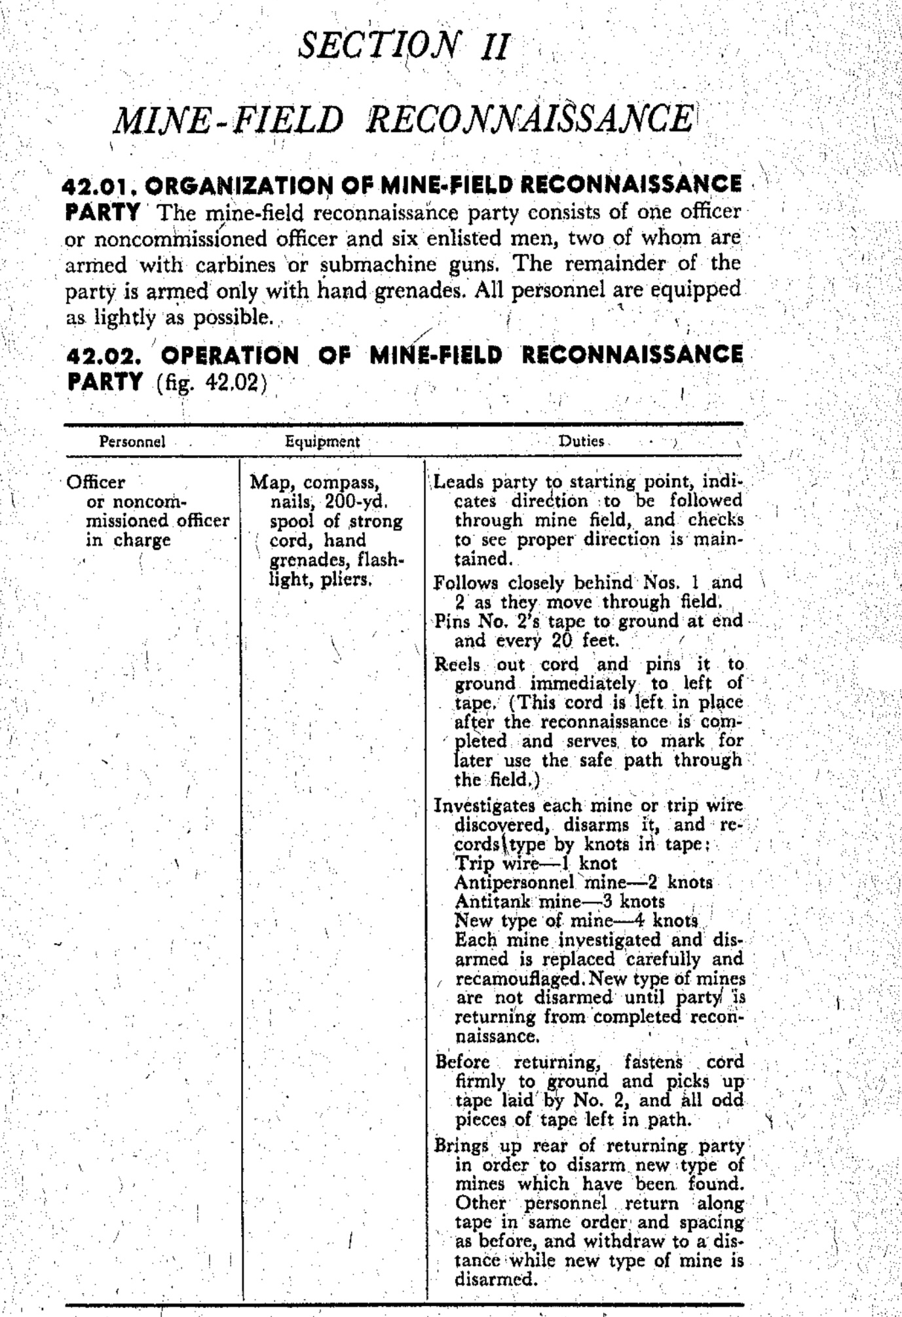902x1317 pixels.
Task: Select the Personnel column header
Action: click(x=132, y=441)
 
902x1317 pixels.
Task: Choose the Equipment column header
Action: click(x=322, y=441)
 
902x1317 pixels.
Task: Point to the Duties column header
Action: click(x=581, y=441)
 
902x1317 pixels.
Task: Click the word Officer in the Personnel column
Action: click(x=96, y=482)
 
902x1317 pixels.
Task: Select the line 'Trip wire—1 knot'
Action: click(x=536, y=863)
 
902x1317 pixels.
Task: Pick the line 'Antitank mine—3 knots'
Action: click(x=559, y=902)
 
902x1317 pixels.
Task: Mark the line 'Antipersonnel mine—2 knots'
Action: click(x=583, y=882)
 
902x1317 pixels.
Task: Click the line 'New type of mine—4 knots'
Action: click(x=576, y=921)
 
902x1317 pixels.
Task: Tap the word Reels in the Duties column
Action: click(x=458, y=664)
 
